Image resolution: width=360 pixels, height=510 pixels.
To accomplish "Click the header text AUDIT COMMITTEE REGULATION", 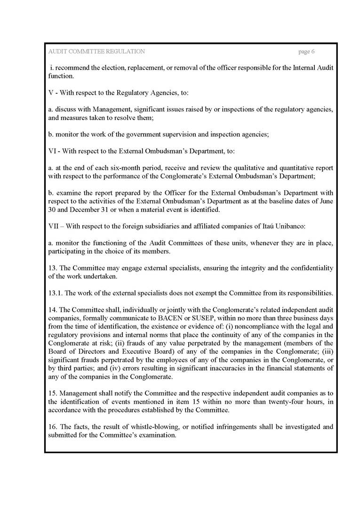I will click(96, 51).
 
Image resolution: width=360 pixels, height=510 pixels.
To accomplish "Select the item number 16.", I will click(52, 427).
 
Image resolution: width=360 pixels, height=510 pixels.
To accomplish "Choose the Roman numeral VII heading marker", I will click(53, 226).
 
